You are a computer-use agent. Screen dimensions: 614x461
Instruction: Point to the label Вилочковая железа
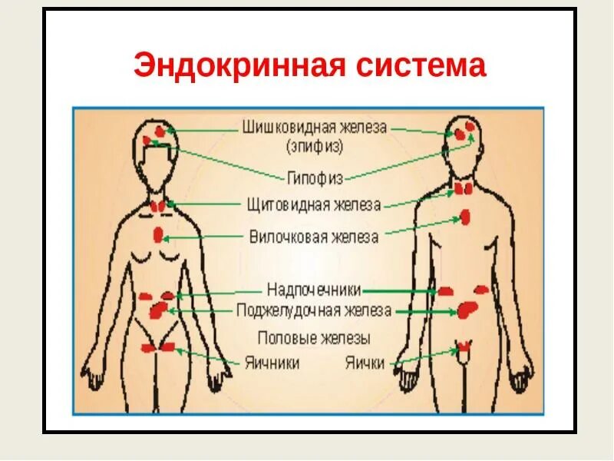pyautogui.click(x=314, y=237)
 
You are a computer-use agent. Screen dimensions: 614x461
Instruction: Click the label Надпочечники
pyautogui.click(x=313, y=290)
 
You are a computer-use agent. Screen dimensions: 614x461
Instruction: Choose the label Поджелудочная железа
pyautogui.click(x=314, y=311)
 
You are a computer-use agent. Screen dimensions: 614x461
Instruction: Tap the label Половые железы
pyautogui.click(x=314, y=338)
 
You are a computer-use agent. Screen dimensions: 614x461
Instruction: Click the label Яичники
pyautogui.click(x=272, y=363)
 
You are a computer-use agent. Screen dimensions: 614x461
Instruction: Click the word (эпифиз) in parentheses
pyautogui.click(x=314, y=145)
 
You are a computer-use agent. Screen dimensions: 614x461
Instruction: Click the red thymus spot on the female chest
pyautogui.click(x=158, y=234)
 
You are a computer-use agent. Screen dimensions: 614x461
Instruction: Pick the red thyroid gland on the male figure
pyautogui.click(x=464, y=189)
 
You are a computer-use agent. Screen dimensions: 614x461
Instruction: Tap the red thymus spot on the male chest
pyautogui.click(x=465, y=217)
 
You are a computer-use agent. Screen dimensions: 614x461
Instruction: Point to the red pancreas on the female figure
pyautogui.click(x=159, y=310)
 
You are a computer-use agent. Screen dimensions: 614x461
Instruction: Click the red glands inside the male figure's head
pyautogui.click(x=463, y=133)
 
